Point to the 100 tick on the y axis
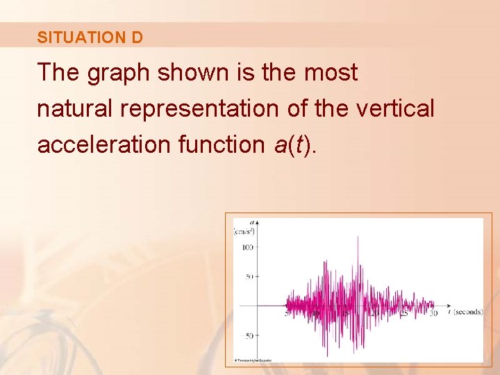coord(247,247)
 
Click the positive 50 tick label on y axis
coord(249,277)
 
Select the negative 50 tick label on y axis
coord(247,336)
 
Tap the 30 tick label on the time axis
coord(434,313)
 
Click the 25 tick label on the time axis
coord(405,313)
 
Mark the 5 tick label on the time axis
coord(287,313)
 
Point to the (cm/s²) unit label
coord(244,232)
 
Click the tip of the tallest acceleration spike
coord(358,237)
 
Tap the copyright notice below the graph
coord(253,360)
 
